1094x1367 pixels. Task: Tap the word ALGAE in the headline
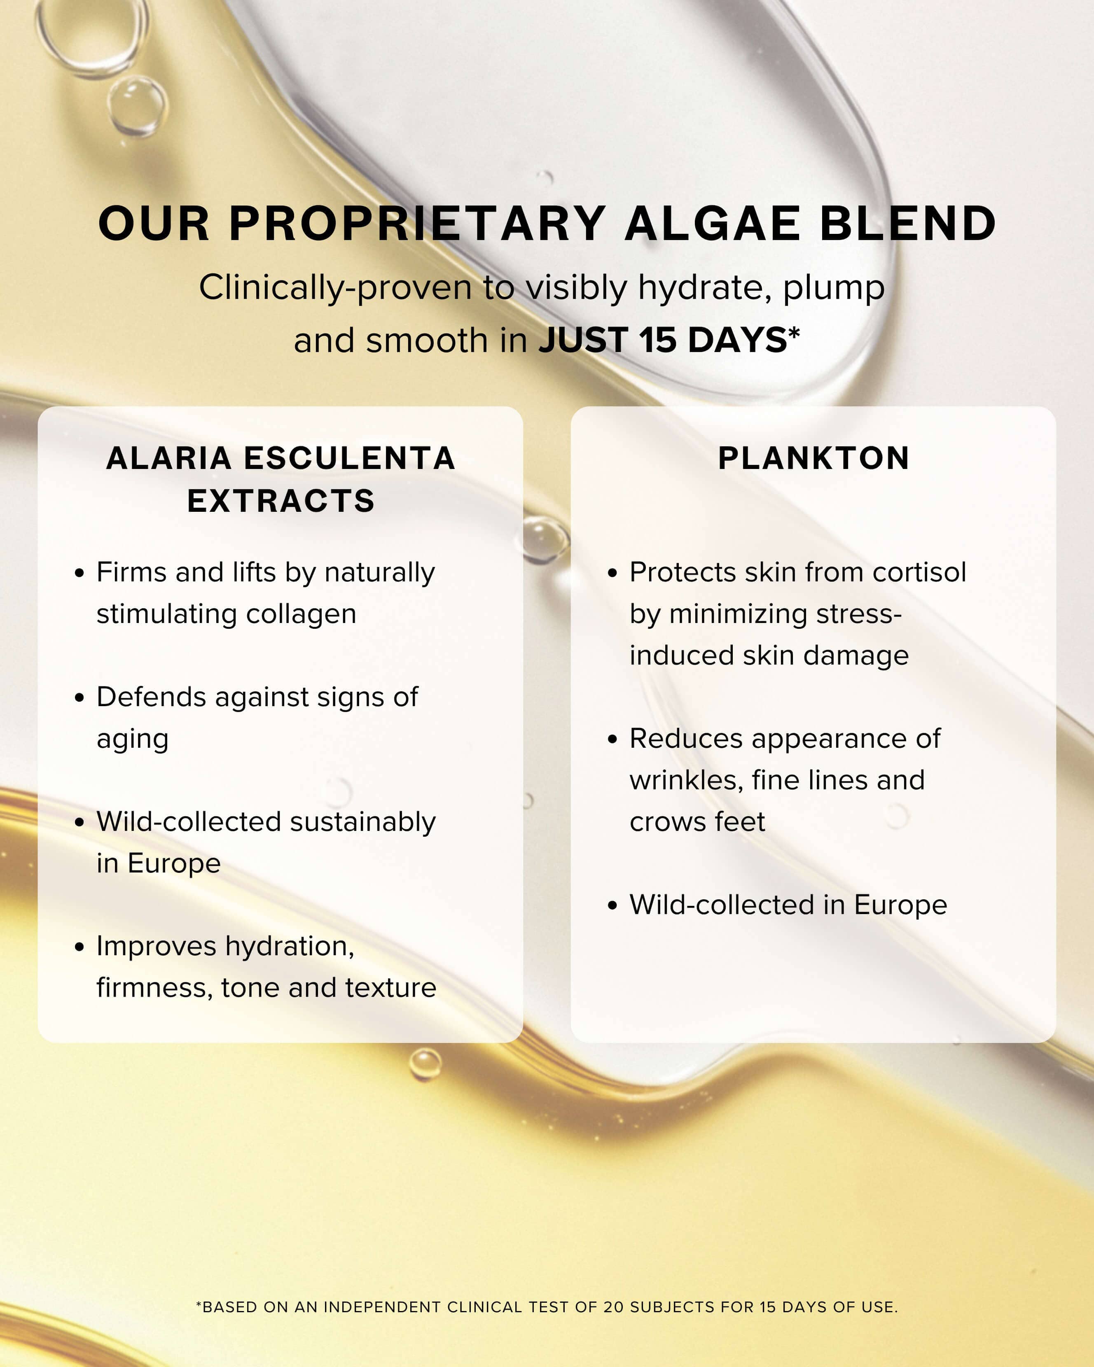(x=712, y=224)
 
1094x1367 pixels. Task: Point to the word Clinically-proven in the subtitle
(x=335, y=287)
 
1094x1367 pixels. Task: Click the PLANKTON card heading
(x=813, y=458)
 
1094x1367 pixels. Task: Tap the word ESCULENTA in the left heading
(x=349, y=458)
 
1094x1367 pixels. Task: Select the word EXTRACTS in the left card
(x=281, y=501)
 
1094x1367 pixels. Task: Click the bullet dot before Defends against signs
(x=79, y=698)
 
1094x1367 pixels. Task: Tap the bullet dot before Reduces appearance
(x=612, y=739)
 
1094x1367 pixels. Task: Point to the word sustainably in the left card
(x=363, y=822)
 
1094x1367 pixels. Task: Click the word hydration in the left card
(x=289, y=947)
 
